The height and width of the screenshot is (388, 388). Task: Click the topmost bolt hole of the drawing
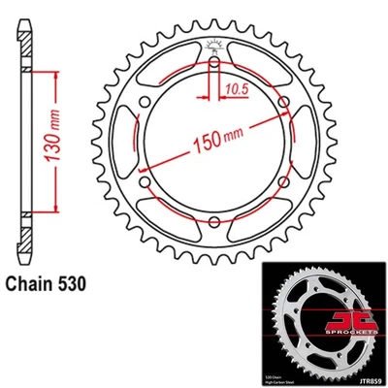coord(212,63)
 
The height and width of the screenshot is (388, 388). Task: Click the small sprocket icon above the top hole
coord(212,45)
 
